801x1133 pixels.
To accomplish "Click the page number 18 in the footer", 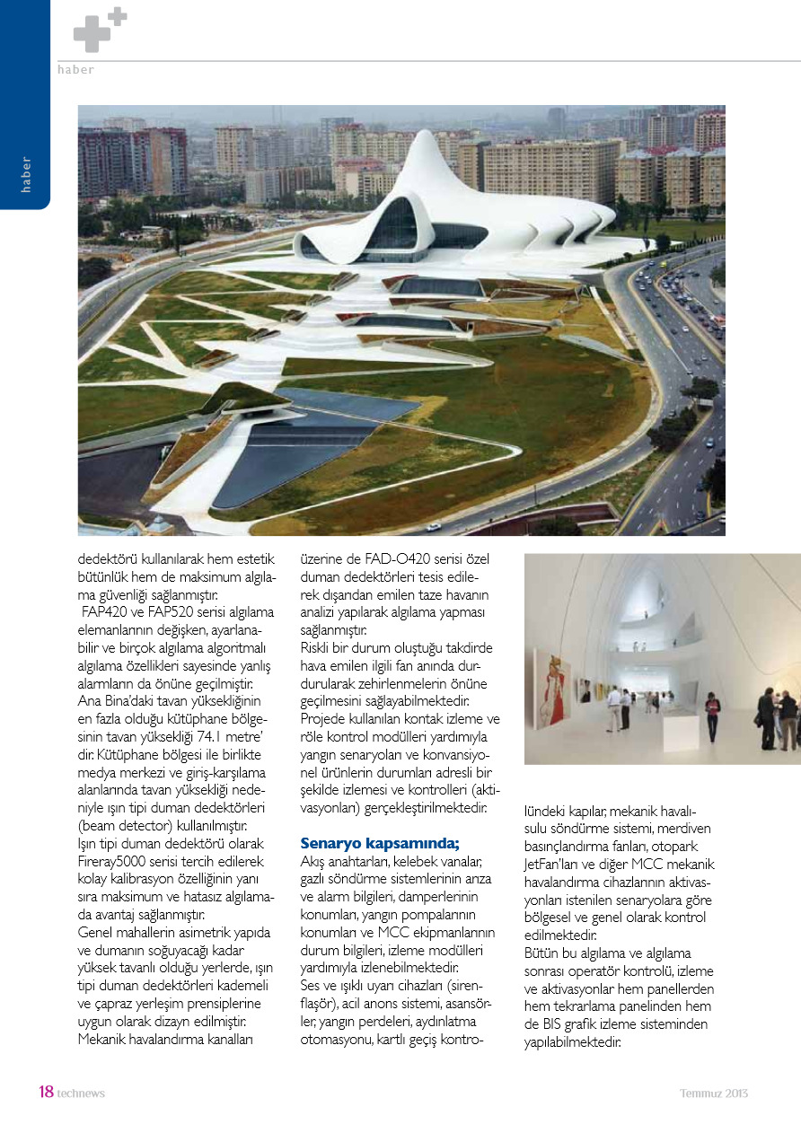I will tap(46, 1093).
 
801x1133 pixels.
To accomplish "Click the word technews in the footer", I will tap(81, 1093).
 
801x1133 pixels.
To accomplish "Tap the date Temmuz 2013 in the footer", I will tap(713, 1093).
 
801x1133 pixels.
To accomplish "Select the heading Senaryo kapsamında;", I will tap(379, 842).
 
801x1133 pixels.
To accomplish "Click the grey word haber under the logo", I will tap(75, 70).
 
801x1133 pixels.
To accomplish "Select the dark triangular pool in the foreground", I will tap(287, 458).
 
